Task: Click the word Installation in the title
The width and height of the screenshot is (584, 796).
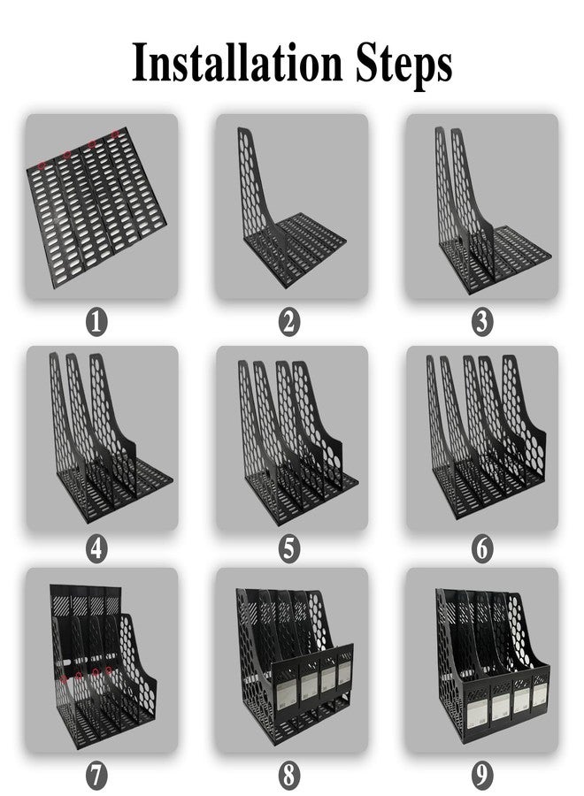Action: pos(237,63)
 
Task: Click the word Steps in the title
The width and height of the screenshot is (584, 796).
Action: pos(403,65)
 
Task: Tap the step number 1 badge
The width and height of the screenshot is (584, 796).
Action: pos(96,322)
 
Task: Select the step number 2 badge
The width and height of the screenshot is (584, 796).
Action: pos(289,322)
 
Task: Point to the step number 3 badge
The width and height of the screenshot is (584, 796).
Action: pos(482,322)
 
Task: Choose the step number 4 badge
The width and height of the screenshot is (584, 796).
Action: pos(96,548)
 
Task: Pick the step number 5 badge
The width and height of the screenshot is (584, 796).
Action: pos(289,548)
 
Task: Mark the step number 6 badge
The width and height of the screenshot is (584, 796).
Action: pos(482,548)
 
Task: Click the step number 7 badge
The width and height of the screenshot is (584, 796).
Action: pos(96,775)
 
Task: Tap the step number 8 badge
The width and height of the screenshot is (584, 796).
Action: pos(289,775)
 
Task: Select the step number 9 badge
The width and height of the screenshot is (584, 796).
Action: pos(482,775)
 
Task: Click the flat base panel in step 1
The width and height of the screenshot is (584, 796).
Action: pos(96,207)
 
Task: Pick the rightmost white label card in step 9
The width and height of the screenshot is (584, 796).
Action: pos(539,694)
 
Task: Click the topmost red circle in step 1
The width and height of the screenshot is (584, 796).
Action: pos(115,134)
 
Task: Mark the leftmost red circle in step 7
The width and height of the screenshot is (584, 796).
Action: pos(64,678)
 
